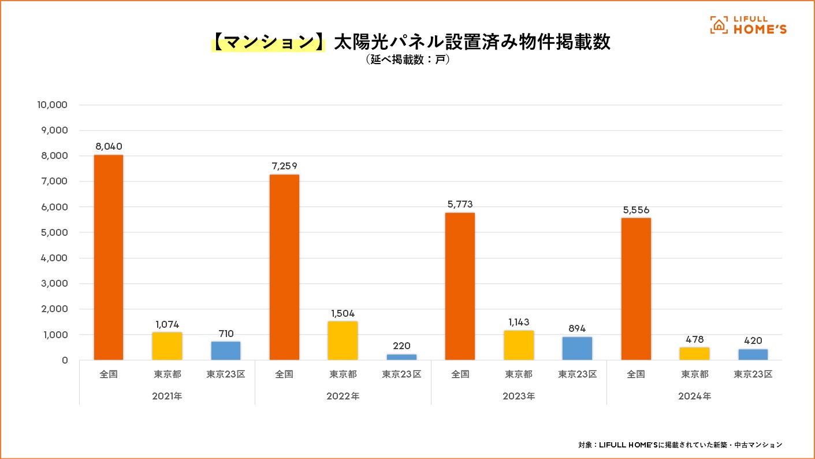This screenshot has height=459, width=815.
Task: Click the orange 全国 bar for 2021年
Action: (x=109, y=257)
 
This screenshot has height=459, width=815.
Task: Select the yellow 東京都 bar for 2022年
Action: (x=343, y=340)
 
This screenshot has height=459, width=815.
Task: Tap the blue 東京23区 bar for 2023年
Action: (x=577, y=349)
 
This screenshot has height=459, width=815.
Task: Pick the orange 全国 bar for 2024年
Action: (x=636, y=289)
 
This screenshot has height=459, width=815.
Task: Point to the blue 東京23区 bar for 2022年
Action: (x=402, y=357)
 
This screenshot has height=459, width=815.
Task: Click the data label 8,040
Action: (x=109, y=146)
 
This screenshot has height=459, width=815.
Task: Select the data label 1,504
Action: (x=343, y=313)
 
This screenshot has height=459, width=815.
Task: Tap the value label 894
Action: (x=577, y=329)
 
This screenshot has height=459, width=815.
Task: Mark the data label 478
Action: (x=694, y=339)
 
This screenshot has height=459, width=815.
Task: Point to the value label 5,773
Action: (x=460, y=204)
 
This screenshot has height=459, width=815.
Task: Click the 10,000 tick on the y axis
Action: (x=53, y=105)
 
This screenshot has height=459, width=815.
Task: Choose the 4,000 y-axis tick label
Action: (x=55, y=258)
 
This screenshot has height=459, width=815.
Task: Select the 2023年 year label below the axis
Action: (x=519, y=397)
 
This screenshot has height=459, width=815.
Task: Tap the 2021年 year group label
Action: (x=167, y=397)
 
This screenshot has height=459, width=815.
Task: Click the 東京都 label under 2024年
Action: (x=694, y=374)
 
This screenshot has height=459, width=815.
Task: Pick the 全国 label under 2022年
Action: (x=284, y=374)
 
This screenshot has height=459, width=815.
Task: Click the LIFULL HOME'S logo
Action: (x=748, y=25)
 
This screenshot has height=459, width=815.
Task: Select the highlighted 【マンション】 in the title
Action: (x=268, y=43)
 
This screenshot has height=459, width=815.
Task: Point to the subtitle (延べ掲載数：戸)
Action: (x=407, y=60)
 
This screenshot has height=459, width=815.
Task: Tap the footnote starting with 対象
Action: (x=680, y=445)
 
